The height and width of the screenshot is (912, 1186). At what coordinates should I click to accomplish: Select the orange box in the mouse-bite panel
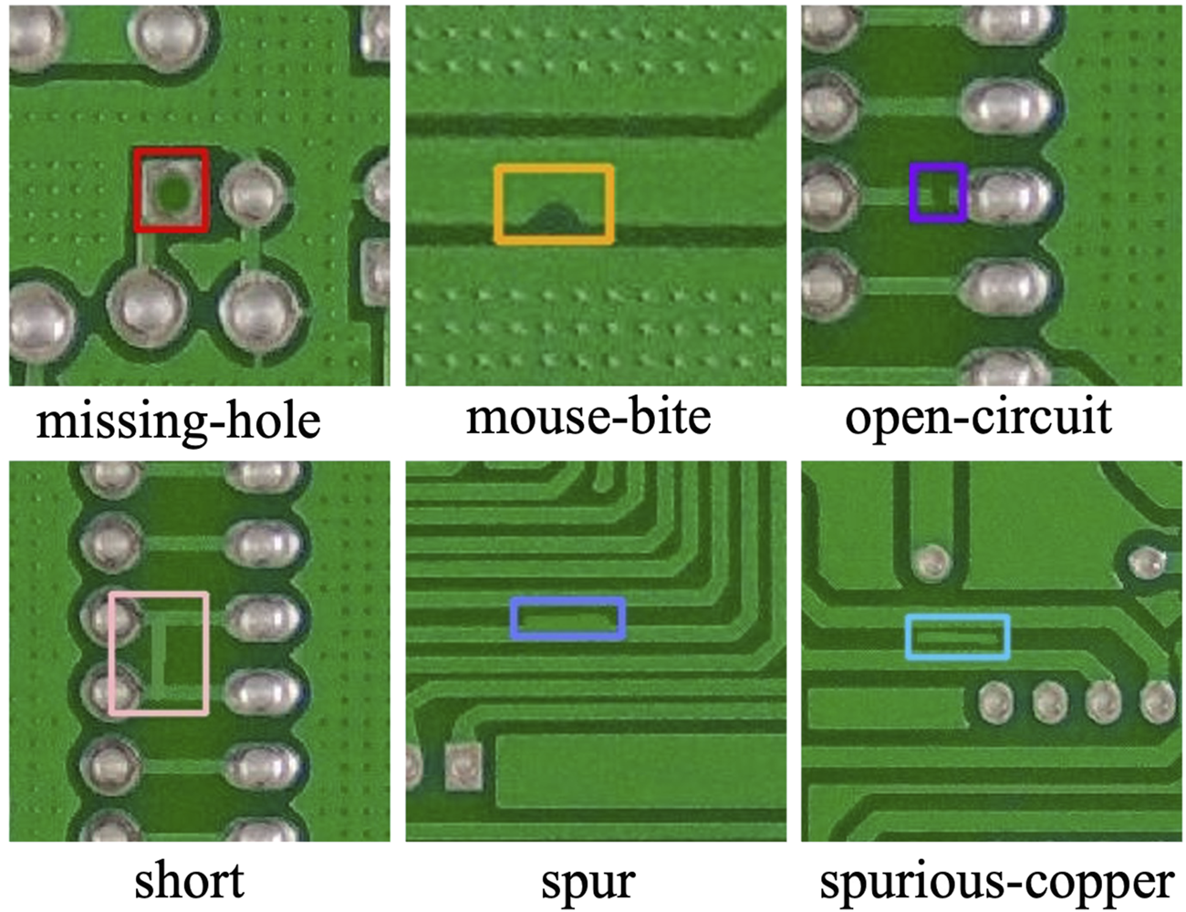(x=553, y=169)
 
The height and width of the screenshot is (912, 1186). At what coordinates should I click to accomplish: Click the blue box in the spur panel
(x=567, y=603)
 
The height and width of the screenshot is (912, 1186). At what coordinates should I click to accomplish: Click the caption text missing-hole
(x=179, y=421)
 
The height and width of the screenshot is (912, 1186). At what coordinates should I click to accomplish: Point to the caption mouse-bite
(x=588, y=418)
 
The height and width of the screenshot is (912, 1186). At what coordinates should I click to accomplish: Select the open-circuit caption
(x=978, y=418)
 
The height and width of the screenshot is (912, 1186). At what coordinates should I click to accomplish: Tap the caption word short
(x=189, y=881)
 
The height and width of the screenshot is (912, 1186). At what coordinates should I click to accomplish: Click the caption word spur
(x=588, y=883)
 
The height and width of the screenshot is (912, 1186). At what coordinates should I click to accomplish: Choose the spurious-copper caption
(x=996, y=883)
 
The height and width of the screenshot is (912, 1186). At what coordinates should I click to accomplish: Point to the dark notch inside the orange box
(x=552, y=217)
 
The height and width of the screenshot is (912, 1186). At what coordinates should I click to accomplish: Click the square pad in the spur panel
(x=464, y=764)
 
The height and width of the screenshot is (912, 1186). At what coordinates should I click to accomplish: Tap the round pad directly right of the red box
(x=253, y=193)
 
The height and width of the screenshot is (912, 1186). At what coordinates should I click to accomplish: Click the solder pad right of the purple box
(x=1008, y=193)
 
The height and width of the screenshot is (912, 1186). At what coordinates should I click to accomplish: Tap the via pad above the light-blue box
(x=931, y=564)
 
